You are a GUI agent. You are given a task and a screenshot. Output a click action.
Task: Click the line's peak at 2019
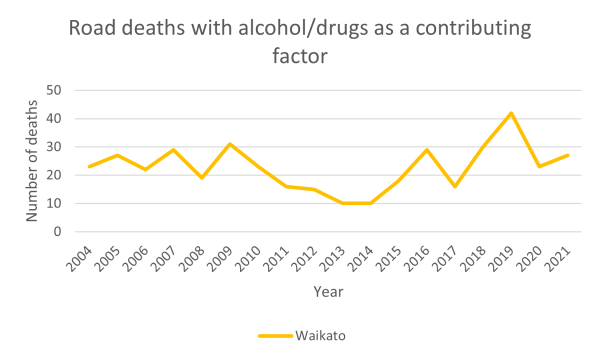(511, 112)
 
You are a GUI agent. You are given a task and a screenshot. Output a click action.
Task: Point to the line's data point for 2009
(229, 144)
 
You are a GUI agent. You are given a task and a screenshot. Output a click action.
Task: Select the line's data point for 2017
(455, 186)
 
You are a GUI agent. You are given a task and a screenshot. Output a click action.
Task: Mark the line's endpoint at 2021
(567, 155)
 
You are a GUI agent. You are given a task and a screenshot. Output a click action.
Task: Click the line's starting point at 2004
(89, 166)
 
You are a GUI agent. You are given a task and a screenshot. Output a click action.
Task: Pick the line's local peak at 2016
(427, 149)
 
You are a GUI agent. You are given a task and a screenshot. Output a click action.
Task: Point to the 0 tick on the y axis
(60, 232)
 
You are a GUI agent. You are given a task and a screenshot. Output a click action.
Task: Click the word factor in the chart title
(300, 57)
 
